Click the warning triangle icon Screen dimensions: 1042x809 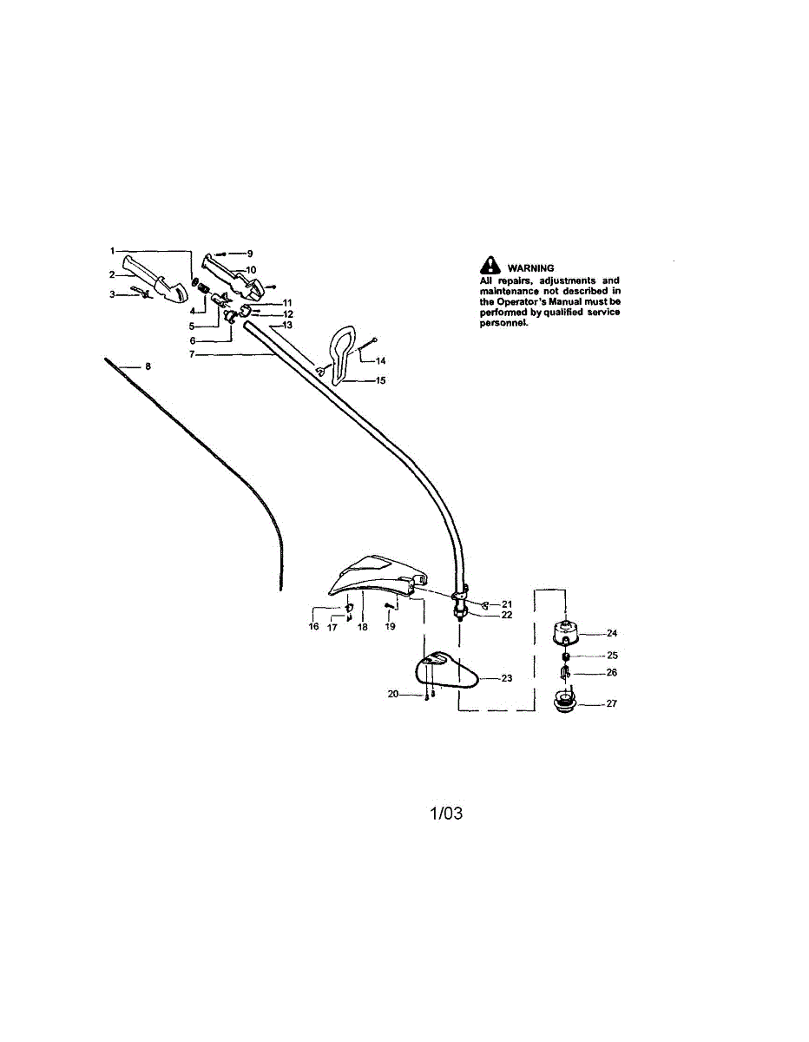click(x=491, y=266)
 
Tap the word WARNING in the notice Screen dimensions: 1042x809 click(x=531, y=268)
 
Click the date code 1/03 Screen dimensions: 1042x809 click(x=446, y=814)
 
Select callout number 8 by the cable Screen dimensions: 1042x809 click(x=148, y=366)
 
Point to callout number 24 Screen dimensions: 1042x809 click(x=611, y=633)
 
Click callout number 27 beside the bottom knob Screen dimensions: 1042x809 click(x=611, y=704)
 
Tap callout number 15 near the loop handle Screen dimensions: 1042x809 click(x=380, y=380)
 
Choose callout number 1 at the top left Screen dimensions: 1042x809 click(x=112, y=250)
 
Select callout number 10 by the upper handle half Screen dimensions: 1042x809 click(x=251, y=269)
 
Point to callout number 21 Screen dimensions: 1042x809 click(x=507, y=603)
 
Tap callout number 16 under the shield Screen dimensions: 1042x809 click(x=314, y=626)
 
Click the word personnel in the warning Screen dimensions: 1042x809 click(x=503, y=322)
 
